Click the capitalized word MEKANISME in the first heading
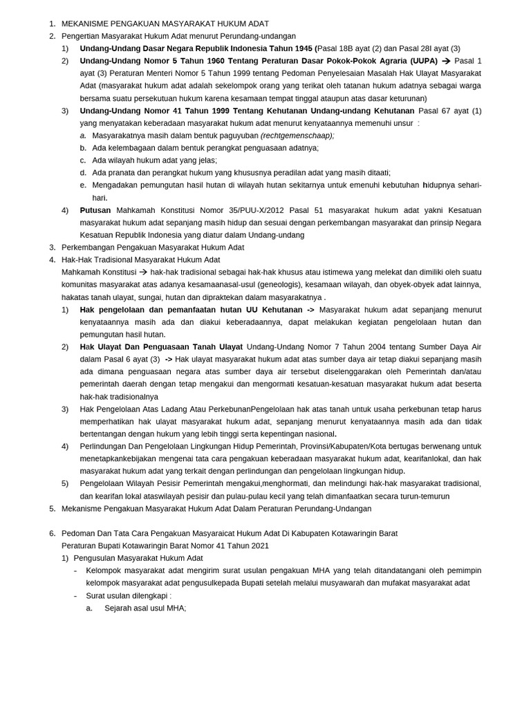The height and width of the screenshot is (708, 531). click(x=86, y=24)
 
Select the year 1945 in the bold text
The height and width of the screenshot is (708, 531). click(x=302, y=48)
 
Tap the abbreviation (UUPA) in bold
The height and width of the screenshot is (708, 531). click(x=424, y=61)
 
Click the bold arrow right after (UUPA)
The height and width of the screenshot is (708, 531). click(x=446, y=61)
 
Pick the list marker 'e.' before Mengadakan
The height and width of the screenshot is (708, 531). click(x=83, y=185)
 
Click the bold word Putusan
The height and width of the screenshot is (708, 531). click(x=95, y=210)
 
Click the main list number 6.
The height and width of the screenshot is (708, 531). click(x=52, y=534)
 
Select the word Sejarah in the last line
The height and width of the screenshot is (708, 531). click(x=120, y=608)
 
